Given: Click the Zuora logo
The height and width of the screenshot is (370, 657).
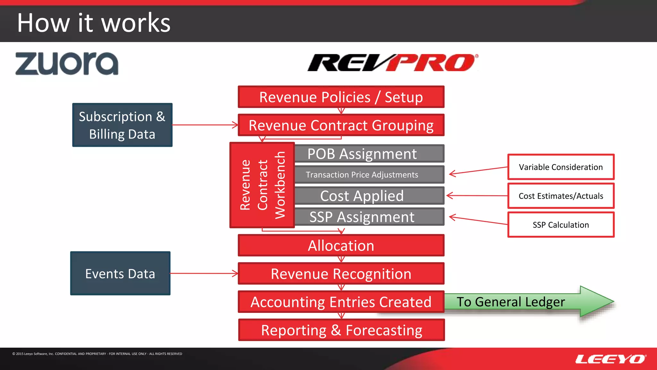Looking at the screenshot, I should (x=67, y=64).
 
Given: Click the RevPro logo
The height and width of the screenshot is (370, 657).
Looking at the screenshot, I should (x=392, y=63).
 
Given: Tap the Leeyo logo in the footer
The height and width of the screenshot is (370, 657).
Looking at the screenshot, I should (x=610, y=359).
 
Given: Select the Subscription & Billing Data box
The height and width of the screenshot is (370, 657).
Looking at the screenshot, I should (x=122, y=125).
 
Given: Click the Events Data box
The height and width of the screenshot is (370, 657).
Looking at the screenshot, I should (x=120, y=273).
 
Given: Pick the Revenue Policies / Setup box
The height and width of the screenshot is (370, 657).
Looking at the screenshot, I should (x=341, y=97).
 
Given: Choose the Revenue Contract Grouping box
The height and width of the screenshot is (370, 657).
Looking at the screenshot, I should (x=341, y=125).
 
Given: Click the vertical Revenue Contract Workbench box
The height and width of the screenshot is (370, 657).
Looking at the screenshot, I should (x=262, y=185).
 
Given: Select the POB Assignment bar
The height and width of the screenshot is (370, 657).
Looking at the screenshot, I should (x=369, y=154).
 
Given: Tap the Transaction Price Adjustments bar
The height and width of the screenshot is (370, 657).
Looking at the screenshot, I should (x=369, y=175).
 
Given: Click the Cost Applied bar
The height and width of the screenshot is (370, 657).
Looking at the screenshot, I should (x=369, y=196).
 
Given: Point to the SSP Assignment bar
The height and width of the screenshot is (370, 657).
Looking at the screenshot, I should (x=369, y=217).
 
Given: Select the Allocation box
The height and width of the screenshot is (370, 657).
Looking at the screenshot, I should (x=341, y=245).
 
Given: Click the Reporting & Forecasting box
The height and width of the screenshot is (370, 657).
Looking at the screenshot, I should (x=341, y=330).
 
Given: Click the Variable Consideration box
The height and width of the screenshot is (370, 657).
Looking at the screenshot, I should (x=561, y=167).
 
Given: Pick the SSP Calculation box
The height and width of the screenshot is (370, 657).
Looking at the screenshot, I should (x=561, y=225).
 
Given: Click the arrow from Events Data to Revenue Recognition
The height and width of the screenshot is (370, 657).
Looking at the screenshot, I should (x=204, y=273).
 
